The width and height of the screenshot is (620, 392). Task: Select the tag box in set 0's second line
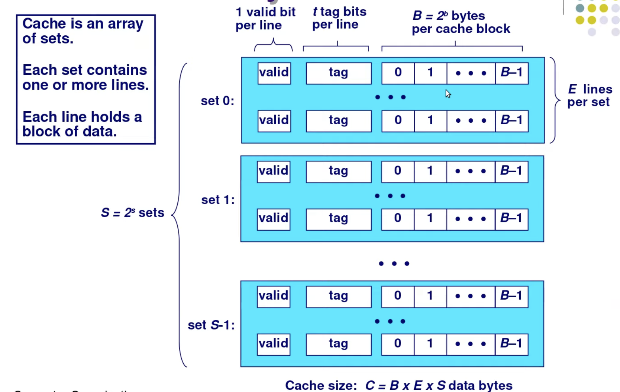pos(338,121)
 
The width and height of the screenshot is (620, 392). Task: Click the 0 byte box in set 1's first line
pos(397,171)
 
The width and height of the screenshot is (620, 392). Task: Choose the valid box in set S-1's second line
pos(274,344)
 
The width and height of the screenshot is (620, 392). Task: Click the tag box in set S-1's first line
pos(338,296)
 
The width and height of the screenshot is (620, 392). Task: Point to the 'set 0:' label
pos(217,101)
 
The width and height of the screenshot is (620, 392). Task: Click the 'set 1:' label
pos(218,200)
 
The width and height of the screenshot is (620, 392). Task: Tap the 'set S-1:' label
pos(211,325)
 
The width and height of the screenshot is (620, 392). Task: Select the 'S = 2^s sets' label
pos(132,213)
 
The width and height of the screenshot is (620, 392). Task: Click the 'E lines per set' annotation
pos(590,96)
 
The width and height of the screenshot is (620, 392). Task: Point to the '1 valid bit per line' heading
pos(265,19)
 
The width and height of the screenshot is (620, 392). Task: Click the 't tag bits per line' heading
pos(339,18)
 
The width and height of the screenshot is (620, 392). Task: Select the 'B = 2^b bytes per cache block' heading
pos(461,22)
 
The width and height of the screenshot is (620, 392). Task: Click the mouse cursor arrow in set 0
pos(448,93)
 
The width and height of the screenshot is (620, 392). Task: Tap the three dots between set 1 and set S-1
pos(394,264)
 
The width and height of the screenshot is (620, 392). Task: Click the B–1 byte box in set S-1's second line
pos(511,344)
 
